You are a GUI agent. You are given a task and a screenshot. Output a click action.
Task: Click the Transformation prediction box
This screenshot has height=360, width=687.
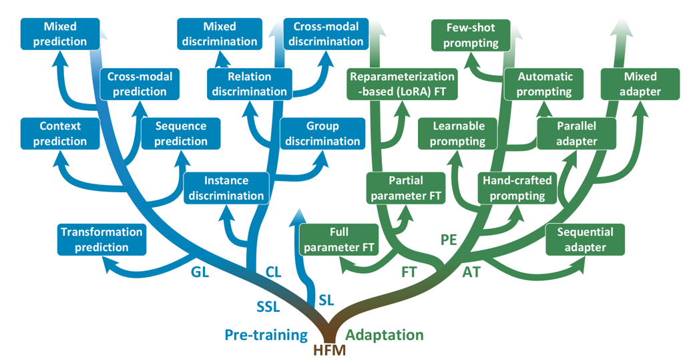101,240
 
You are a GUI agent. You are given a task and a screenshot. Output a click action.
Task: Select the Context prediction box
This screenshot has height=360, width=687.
60,134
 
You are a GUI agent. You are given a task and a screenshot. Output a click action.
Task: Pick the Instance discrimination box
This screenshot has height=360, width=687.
226,188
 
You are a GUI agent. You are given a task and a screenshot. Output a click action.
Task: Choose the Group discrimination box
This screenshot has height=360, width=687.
322,134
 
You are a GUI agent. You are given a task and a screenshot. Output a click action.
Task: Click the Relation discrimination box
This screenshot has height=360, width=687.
249,84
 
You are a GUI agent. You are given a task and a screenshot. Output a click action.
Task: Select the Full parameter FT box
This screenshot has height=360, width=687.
339,240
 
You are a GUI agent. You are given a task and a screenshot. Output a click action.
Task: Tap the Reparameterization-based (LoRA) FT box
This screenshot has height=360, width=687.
402,84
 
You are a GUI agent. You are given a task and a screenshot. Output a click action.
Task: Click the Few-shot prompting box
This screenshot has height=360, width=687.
470,35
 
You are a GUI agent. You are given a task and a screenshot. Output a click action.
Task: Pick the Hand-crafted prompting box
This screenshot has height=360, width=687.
513,188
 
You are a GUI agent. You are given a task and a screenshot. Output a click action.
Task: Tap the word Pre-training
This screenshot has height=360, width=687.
266,335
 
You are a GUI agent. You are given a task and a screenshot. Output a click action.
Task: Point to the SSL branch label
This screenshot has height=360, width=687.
268,307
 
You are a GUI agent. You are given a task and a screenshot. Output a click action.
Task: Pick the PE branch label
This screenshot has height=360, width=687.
449,240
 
